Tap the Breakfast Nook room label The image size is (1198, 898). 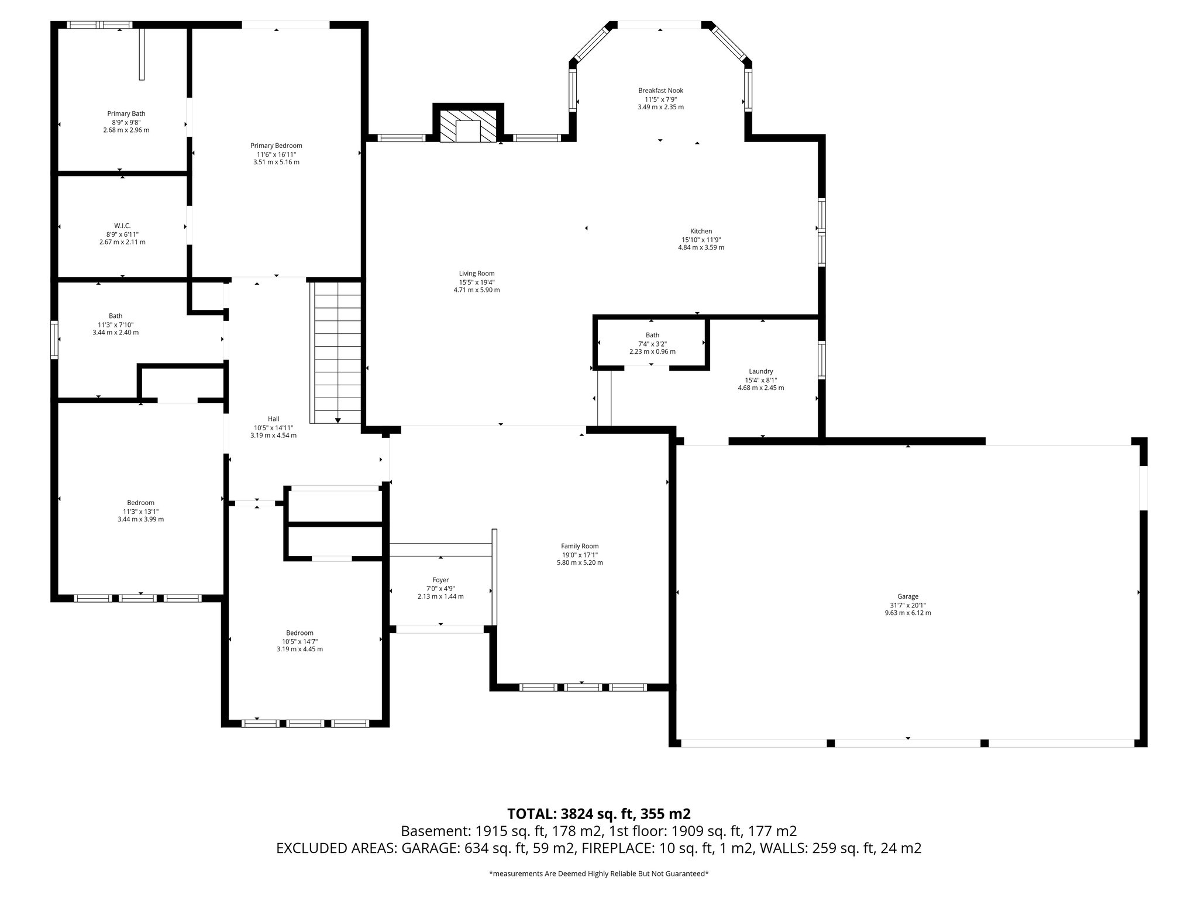point(660,91)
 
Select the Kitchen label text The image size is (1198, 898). point(701,232)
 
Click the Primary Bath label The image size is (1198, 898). point(126,114)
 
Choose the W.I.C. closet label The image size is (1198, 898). point(122,226)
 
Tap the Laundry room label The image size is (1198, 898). point(760,371)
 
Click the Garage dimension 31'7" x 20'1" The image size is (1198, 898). point(908,605)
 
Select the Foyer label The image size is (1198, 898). point(440,580)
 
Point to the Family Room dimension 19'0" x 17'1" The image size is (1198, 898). point(579,555)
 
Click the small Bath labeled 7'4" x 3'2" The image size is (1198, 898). point(652,335)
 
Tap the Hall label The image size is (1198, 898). point(273,419)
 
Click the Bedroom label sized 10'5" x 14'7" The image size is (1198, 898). point(299,633)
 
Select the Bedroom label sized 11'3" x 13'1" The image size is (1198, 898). point(140,503)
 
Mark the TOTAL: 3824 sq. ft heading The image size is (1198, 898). point(598,814)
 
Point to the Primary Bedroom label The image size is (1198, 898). point(276,146)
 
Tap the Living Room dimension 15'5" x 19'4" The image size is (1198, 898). point(477,282)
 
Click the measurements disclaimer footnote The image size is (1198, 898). point(598,874)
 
